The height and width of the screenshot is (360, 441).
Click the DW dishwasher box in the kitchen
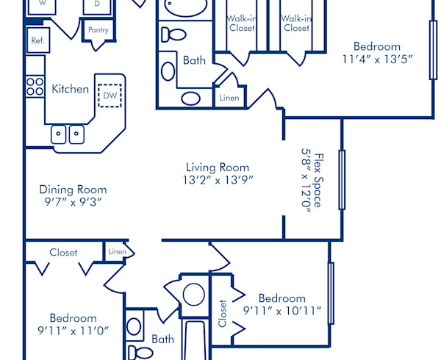110,96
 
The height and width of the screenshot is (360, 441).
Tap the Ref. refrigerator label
37,41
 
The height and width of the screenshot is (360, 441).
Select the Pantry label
98,30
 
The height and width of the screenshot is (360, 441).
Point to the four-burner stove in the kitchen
35,86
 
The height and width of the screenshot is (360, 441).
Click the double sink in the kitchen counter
67,134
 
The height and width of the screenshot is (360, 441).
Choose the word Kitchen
70,89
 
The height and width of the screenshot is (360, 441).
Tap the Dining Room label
73,189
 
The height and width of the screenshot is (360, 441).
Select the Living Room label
217,167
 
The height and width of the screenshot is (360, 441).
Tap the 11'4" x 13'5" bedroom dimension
376,59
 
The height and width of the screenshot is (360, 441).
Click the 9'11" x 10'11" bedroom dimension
283,311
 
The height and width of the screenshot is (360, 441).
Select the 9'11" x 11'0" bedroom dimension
73,331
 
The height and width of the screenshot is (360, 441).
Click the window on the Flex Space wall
342,179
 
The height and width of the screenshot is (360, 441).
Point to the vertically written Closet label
222,312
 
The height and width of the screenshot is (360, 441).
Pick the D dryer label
97,4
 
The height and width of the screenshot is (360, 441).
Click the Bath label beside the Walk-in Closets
195,61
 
